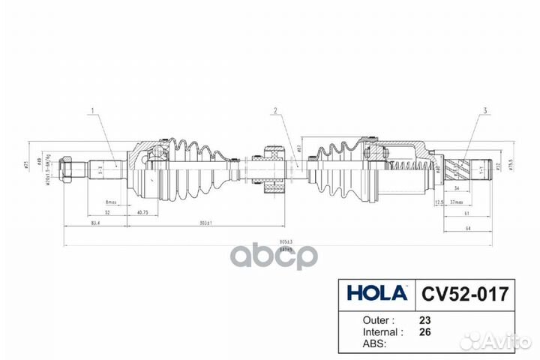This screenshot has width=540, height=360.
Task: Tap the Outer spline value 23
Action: coord(424,318)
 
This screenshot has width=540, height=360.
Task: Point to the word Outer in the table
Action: coord(361,318)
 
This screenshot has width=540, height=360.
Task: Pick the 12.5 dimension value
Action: coord(439,202)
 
